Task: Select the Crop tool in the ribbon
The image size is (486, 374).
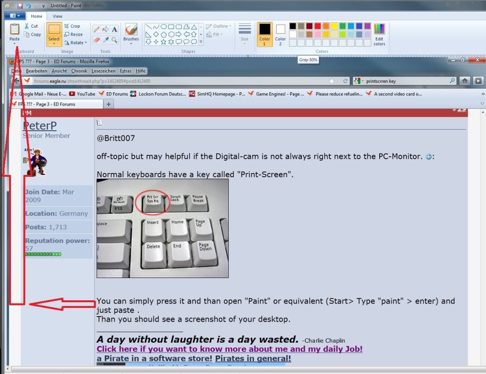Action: click(x=72, y=26)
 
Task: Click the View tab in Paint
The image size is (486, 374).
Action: click(x=57, y=16)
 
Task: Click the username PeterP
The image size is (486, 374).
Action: click(x=39, y=125)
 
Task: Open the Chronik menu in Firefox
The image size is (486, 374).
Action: click(x=79, y=71)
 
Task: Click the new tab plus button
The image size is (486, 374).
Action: click(x=109, y=104)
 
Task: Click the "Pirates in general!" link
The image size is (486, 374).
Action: click(x=252, y=358)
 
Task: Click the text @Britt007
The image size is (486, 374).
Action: click(x=116, y=138)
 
